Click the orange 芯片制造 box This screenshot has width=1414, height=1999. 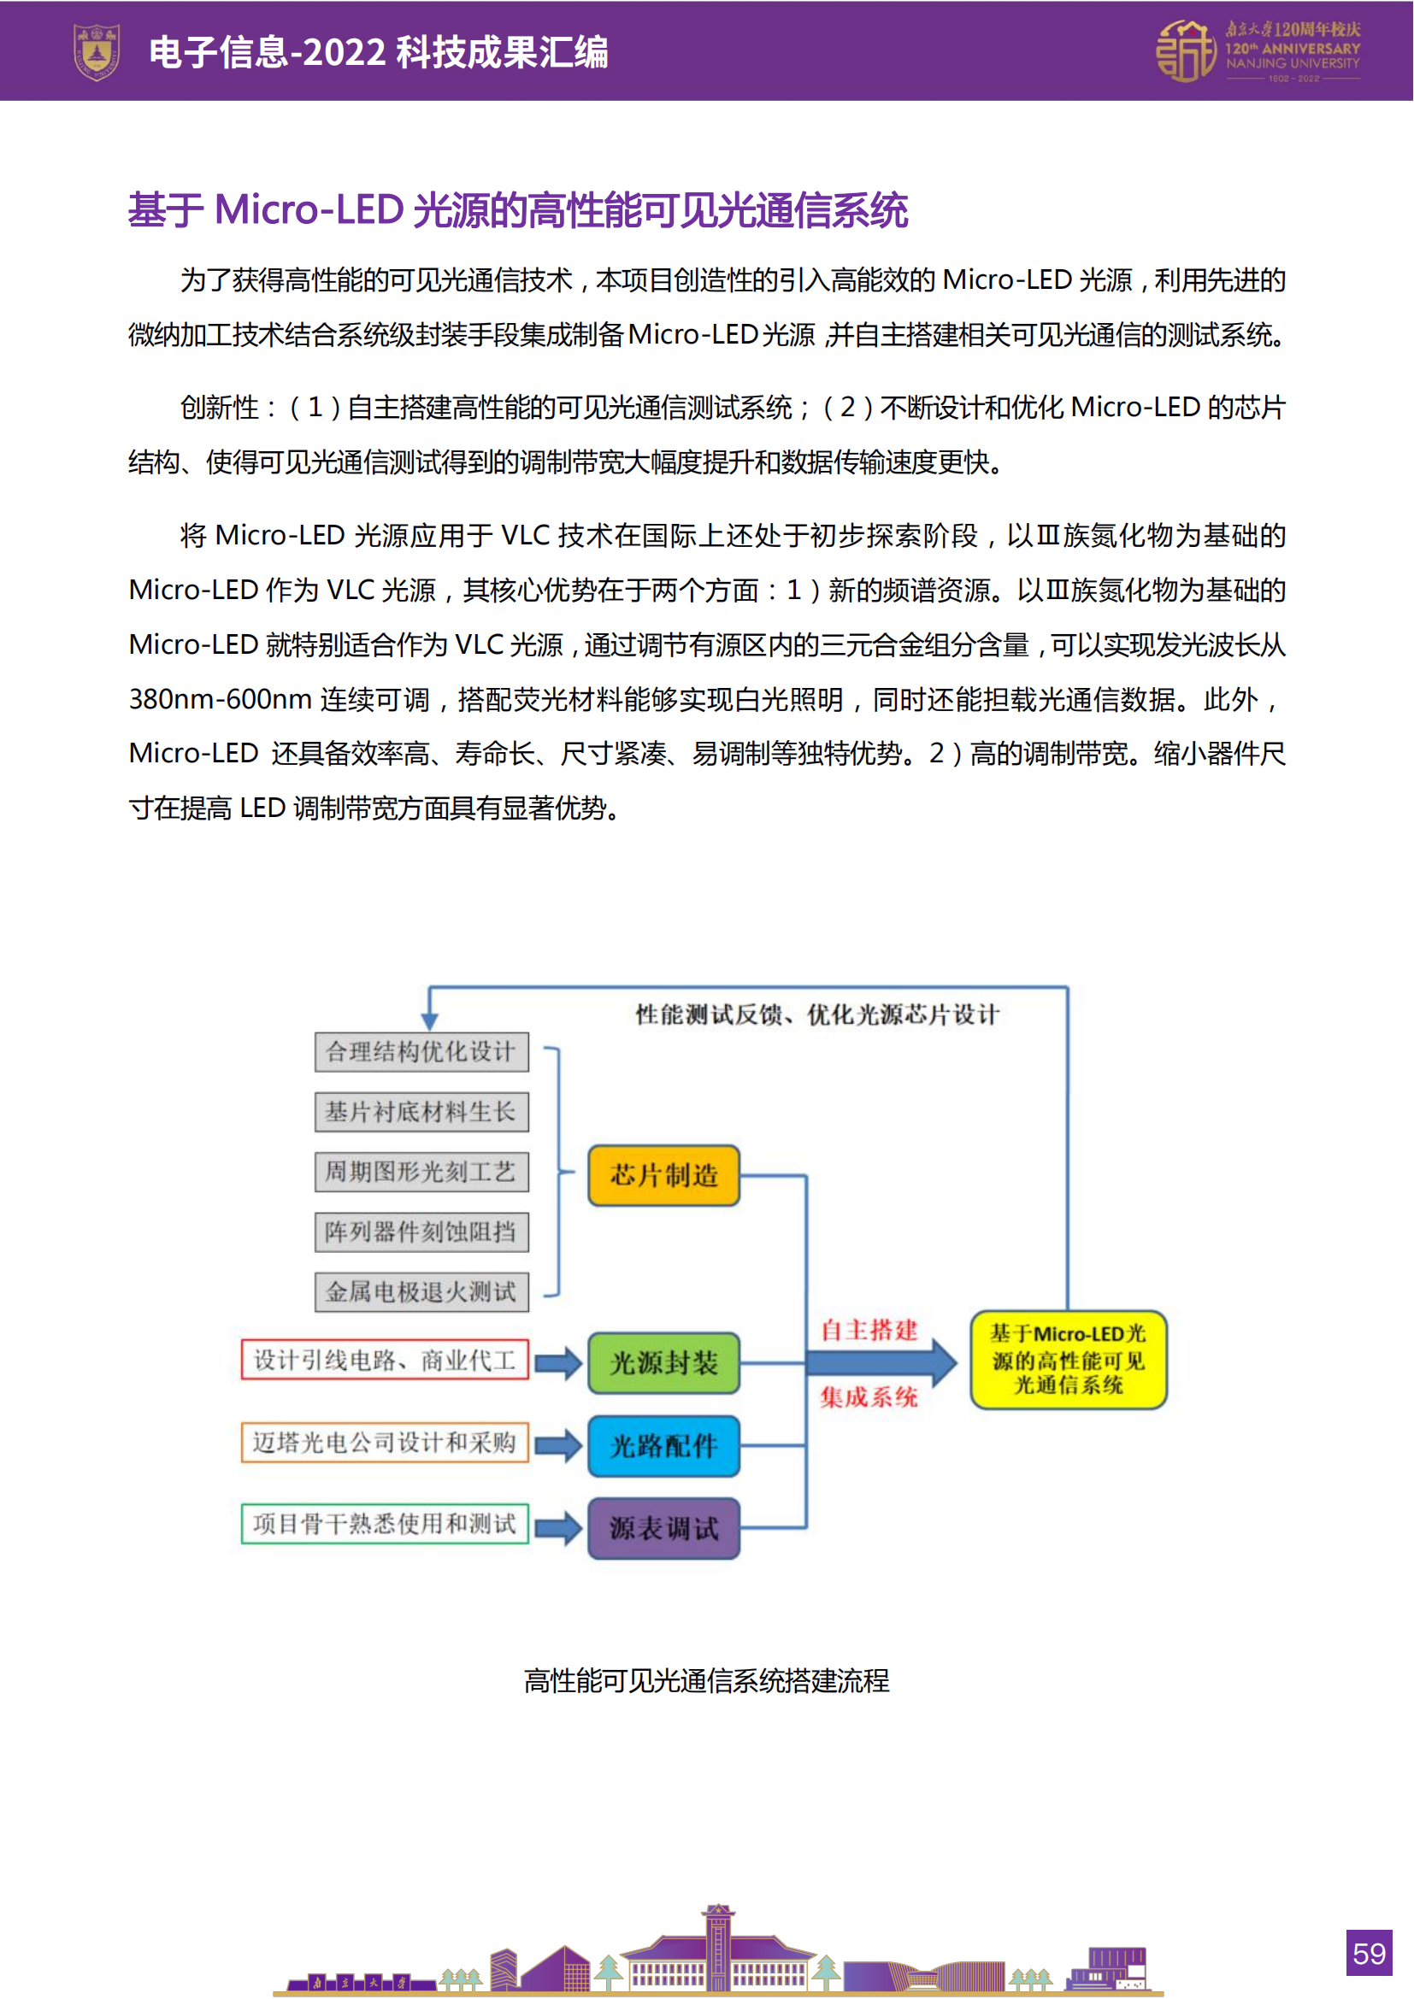663,1175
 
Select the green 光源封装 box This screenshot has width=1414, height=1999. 663,1362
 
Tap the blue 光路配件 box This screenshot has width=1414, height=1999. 663,1445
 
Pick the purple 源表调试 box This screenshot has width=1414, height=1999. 663,1528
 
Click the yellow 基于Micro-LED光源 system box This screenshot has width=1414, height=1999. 1069,1359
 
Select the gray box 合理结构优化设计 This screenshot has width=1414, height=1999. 421,1052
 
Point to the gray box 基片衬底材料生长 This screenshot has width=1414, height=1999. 421,1112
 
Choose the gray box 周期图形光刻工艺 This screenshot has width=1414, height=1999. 421,1172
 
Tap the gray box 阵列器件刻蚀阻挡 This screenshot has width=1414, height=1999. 421,1232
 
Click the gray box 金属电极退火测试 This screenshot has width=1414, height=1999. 421,1292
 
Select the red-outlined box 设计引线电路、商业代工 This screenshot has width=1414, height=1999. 385,1360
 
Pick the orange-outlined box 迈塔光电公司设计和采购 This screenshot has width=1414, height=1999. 385,1443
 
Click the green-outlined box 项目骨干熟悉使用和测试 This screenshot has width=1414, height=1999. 385,1524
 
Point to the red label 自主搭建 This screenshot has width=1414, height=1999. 869,1331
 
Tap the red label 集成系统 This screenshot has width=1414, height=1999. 869,1397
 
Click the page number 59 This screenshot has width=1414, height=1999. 1369,1953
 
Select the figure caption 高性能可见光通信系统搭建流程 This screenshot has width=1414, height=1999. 706,1680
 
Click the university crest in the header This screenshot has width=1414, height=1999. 97,52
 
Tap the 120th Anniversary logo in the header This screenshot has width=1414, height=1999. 1258,52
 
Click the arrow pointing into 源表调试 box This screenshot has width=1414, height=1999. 558,1528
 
